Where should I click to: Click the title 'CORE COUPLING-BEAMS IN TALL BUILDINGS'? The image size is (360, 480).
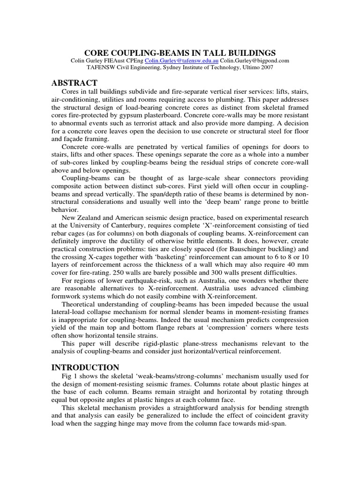tap(180, 52)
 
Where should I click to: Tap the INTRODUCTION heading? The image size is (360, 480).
tap(85, 367)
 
